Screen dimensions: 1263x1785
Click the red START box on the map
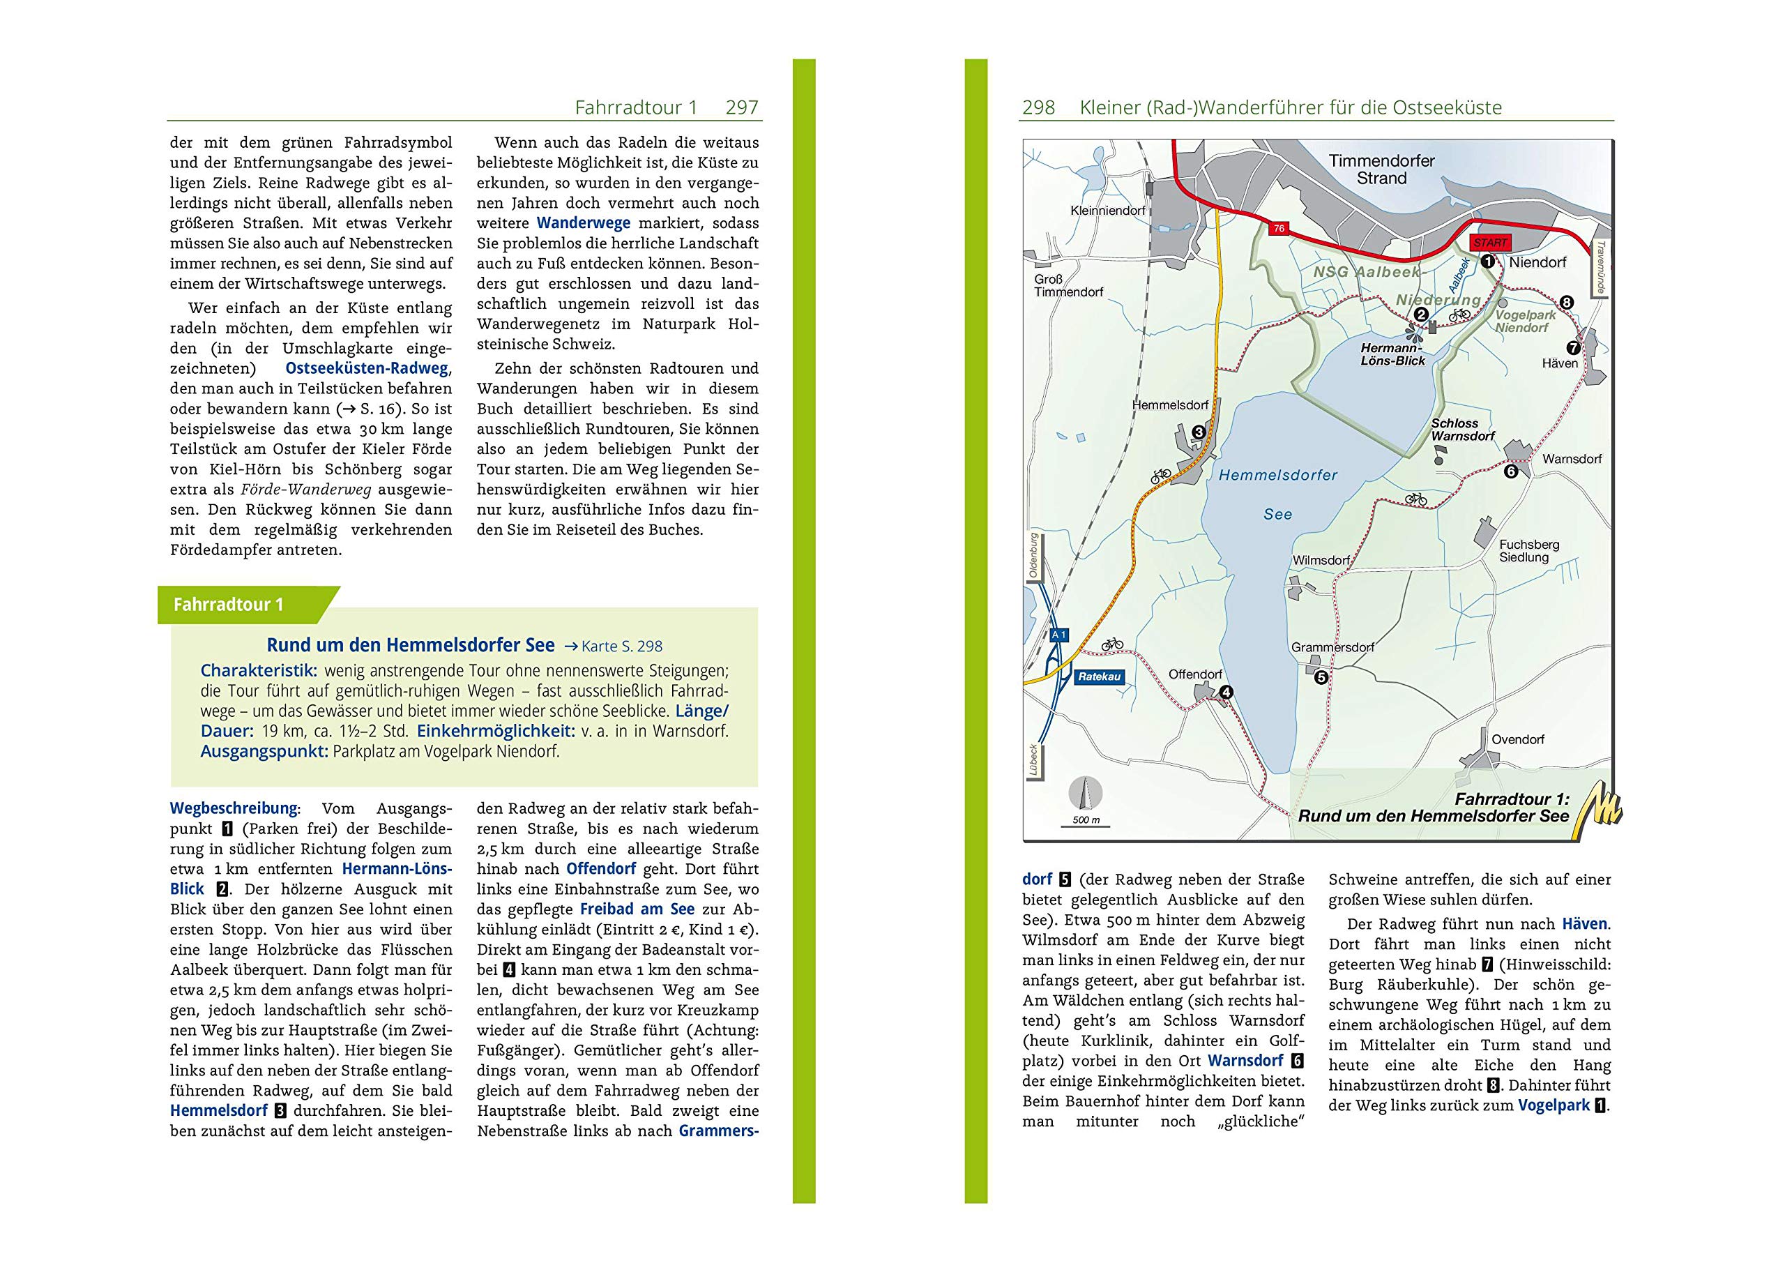click(x=1489, y=243)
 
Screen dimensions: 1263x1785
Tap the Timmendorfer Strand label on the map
click(x=1381, y=169)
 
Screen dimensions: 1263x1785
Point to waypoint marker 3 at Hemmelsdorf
click(x=1198, y=432)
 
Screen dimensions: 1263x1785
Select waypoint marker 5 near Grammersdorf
click(x=1321, y=677)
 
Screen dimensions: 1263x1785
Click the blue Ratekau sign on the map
click(x=1098, y=676)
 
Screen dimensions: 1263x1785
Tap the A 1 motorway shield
click(x=1059, y=635)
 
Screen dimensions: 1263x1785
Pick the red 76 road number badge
click(x=1278, y=229)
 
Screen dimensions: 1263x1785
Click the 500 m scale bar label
click(x=1086, y=820)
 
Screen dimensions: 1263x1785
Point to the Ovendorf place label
click(x=1517, y=740)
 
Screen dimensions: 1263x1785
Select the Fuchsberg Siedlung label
click(x=1528, y=551)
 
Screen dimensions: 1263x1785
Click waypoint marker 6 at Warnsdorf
click(x=1510, y=471)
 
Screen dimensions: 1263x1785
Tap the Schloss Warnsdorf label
click(x=1462, y=430)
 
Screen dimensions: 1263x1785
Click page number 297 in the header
click(x=741, y=107)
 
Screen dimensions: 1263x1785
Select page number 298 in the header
click(x=1038, y=107)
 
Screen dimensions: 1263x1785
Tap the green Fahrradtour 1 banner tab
click(x=229, y=604)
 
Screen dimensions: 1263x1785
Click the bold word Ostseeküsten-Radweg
click(x=366, y=369)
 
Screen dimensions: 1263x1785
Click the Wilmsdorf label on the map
click(x=1321, y=560)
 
